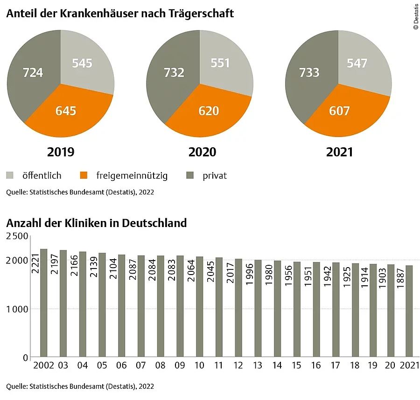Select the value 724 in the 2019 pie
tap(33, 73)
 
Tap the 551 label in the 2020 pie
tap(221, 63)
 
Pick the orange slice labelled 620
tap(208, 111)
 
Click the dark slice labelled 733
tap(309, 73)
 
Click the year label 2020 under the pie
tap(202, 152)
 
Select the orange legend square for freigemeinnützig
tap(84, 176)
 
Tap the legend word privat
tap(215, 176)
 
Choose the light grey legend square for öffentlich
tap(10, 176)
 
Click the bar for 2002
tap(44, 303)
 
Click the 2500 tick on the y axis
tap(17, 236)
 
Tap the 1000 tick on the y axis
tap(17, 309)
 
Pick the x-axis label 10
tap(199, 365)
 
